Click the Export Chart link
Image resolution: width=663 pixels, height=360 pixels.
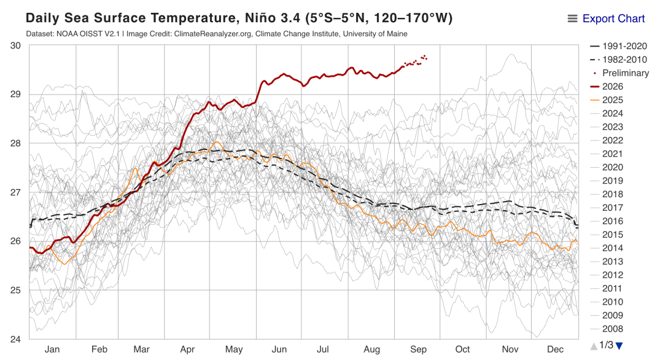point(613,18)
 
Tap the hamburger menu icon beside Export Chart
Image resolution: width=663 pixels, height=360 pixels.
point(572,18)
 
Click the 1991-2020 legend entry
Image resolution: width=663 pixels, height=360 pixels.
point(619,46)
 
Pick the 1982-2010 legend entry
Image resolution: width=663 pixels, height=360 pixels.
point(619,60)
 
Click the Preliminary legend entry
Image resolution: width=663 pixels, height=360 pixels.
point(620,72)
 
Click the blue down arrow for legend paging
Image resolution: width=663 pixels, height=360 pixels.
point(619,346)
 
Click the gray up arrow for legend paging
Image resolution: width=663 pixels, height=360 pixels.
point(594,346)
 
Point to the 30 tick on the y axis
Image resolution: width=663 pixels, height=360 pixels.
point(15,45)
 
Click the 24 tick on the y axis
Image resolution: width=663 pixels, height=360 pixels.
point(15,339)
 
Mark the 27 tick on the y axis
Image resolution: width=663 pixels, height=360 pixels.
point(15,192)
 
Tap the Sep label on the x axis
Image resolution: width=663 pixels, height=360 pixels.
point(418,350)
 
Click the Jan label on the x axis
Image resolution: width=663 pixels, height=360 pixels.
point(52,350)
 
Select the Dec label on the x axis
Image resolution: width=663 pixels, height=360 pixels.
point(555,350)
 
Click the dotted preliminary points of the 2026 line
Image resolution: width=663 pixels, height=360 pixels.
point(415,62)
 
